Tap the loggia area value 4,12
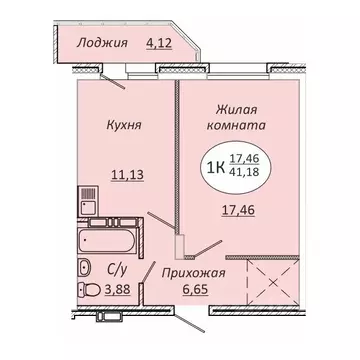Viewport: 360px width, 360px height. (x=161, y=43)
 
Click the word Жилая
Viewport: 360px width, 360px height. (x=238, y=111)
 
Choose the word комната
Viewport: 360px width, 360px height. (x=238, y=128)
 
